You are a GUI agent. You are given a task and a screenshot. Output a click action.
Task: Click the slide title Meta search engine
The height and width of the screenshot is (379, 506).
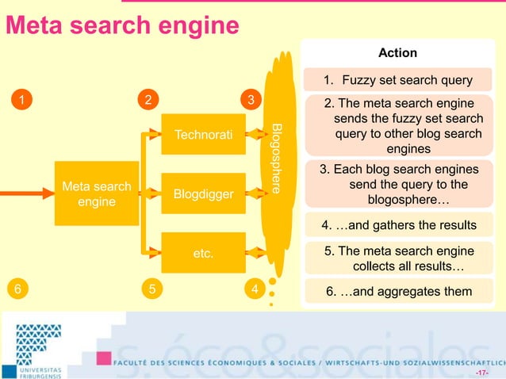(122, 26)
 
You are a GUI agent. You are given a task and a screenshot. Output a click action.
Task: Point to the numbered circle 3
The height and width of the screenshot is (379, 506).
(251, 100)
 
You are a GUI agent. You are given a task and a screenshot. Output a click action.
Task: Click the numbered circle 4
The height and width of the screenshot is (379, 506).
(254, 290)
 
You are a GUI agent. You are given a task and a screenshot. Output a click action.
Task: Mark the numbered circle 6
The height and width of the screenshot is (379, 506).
(14, 290)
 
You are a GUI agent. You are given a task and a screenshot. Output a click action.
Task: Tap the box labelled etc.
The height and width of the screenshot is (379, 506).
(204, 255)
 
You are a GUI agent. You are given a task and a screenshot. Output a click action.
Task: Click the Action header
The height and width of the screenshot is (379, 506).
(397, 52)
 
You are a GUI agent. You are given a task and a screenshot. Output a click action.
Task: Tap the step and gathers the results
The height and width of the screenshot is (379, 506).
(399, 225)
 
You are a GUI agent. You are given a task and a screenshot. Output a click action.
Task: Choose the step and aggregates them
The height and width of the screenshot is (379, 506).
(399, 291)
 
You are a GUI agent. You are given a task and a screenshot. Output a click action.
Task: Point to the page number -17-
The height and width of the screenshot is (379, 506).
(481, 372)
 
